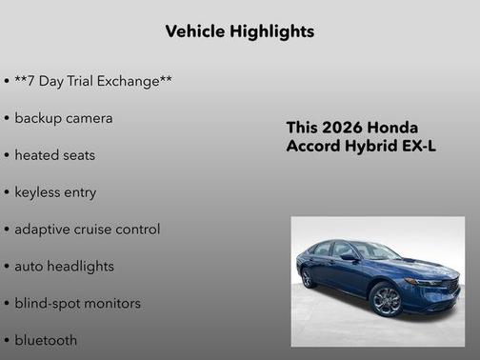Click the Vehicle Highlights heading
point(239,31)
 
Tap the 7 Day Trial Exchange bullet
point(92,81)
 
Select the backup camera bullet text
point(63,118)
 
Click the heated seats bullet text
point(54,155)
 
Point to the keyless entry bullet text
point(55,192)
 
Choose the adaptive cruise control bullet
point(87,230)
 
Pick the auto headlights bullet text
point(64,267)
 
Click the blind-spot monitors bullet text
point(77,304)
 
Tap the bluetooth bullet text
point(46,340)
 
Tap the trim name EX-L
point(420,147)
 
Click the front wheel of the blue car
point(387,299)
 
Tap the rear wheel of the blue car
point(309,277)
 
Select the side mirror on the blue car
point(350,257)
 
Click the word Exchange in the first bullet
point(133,81)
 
